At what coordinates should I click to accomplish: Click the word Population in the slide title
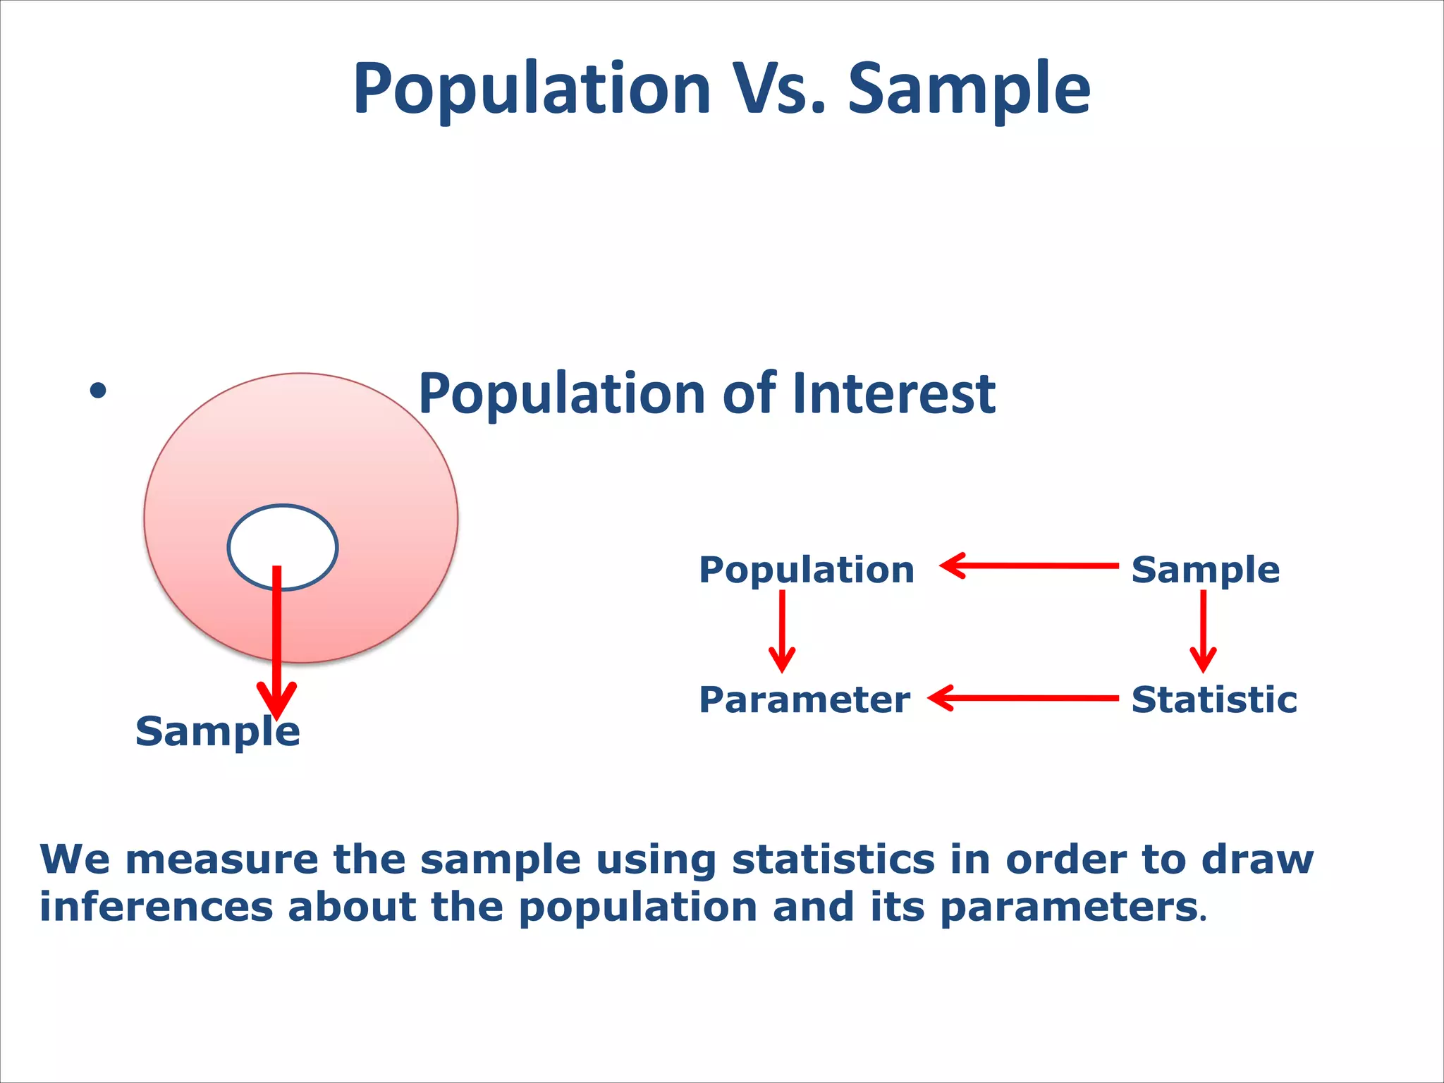pos(532,89)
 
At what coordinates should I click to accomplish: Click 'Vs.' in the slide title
pos(779,89)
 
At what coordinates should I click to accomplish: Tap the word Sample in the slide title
pos(969,89)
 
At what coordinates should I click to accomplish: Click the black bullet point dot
pos(98,391)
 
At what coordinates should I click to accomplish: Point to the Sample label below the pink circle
pos(217,731)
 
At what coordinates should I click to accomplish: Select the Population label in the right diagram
pos(806,569)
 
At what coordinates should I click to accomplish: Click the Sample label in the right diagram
pos(1205,569)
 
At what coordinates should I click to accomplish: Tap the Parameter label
pos(804,699)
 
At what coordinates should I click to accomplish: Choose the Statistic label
pos(1214,699)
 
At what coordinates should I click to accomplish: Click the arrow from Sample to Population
pos(1029,565)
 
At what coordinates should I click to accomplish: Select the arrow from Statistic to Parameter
pos(1023,698)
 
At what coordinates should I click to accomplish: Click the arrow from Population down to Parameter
pos(782,631)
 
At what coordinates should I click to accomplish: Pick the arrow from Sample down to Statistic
pos(1203,631)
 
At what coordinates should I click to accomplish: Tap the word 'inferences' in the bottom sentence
pos(156,907)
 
